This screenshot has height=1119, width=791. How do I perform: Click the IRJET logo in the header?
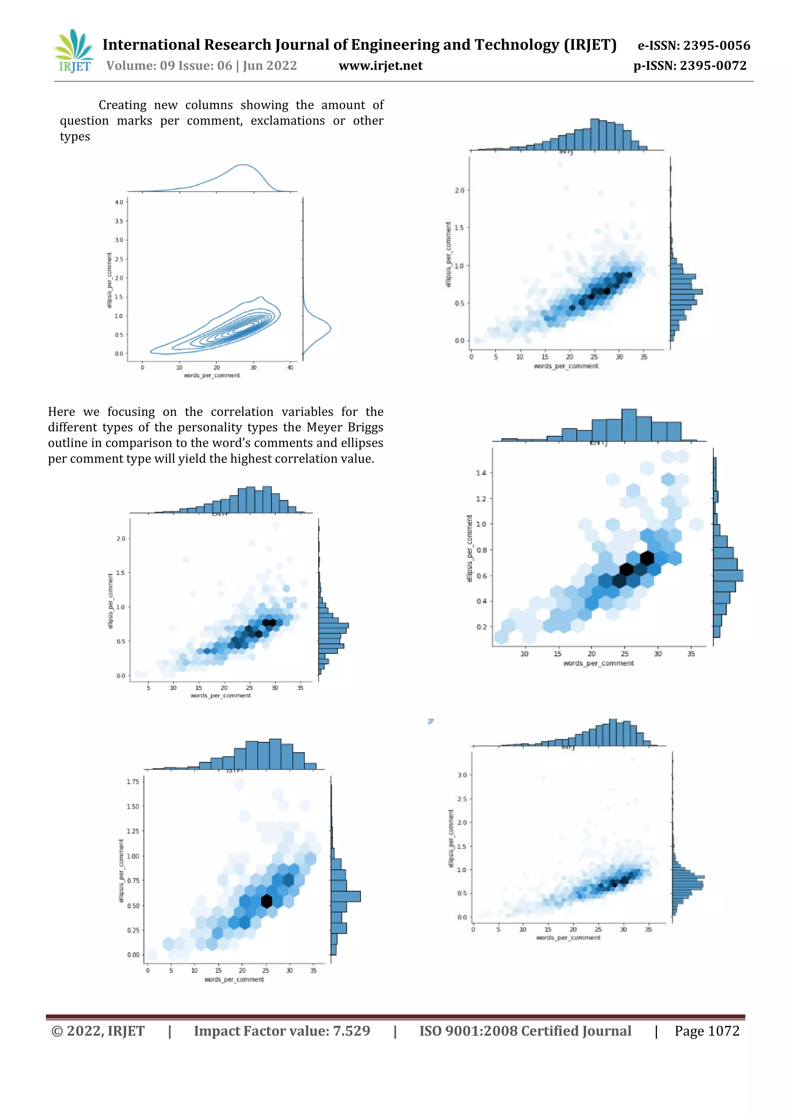[74, 51]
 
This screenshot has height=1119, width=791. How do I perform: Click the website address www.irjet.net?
[380, 66]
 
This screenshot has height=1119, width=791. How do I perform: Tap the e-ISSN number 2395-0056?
[717, 46]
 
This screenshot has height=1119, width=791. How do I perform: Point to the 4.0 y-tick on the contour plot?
[119, 202]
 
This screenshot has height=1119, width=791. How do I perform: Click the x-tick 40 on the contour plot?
[290, 367]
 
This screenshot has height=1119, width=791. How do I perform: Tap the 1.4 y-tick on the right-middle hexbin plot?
[481, 473]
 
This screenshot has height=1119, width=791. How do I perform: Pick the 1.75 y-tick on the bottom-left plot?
[132, 782]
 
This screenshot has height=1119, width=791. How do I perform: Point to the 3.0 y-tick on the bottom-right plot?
[462, 775]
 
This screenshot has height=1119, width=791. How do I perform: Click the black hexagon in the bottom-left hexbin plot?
[266, 901]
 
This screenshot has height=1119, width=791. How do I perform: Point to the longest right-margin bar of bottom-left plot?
[345, 896]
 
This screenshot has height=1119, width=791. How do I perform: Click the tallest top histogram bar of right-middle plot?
[629, 425]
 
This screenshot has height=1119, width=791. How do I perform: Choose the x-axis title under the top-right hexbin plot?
[565, 366]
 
